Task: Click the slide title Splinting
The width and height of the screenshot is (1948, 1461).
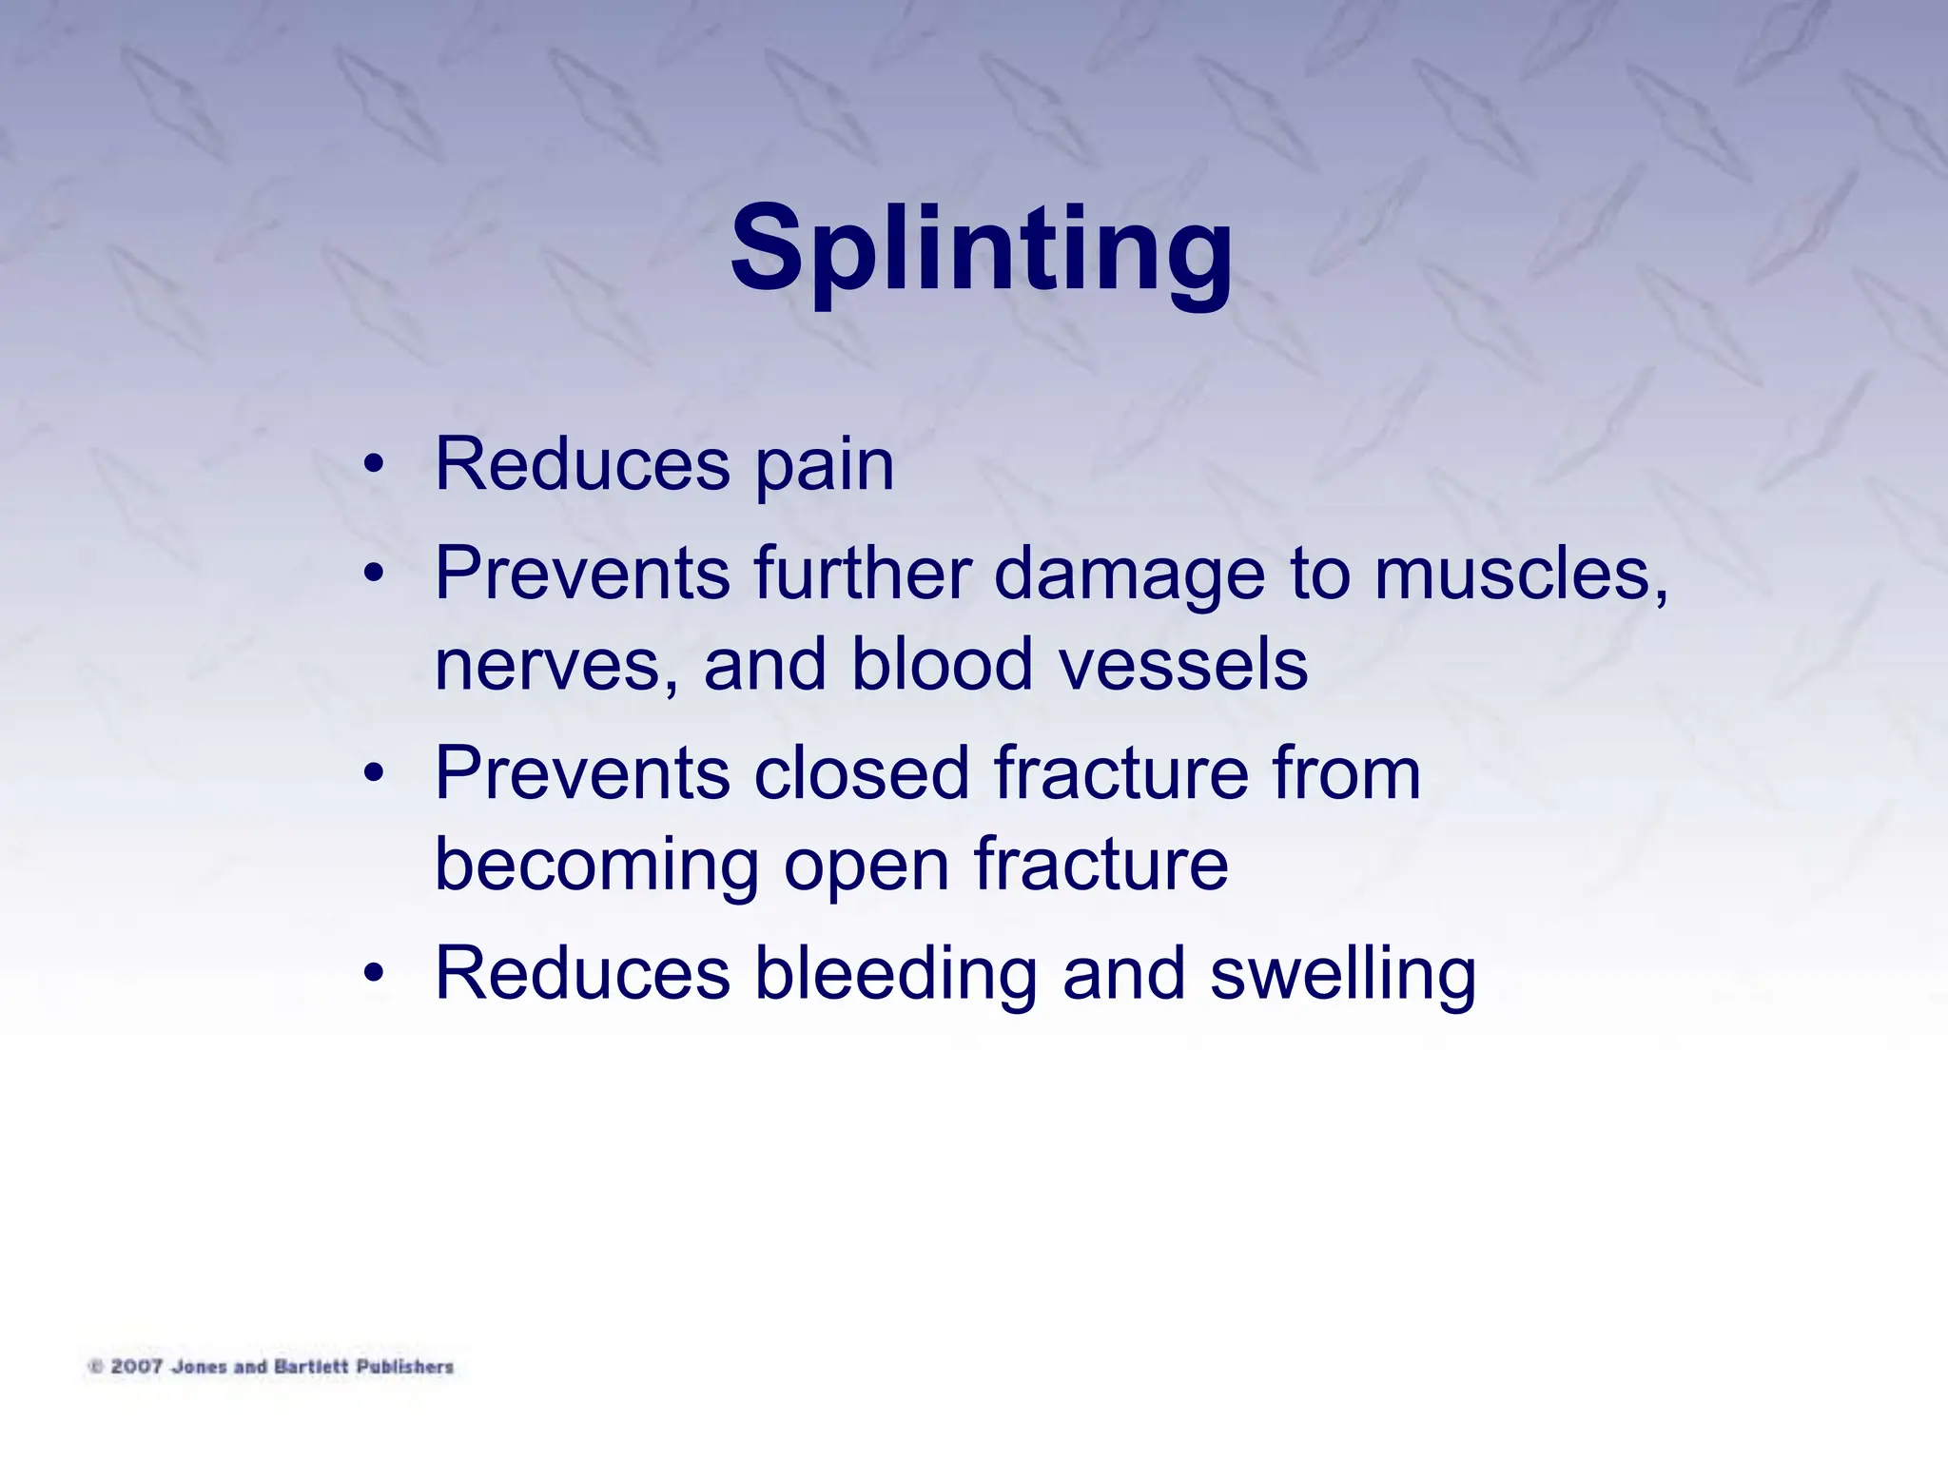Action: (x=981, y=251)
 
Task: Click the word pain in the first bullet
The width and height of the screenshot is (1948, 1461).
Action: (x=824, y=467)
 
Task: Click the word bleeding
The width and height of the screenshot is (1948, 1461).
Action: (x=895, y=975)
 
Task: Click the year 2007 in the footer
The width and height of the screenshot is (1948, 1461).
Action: (x=137, y=1367)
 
